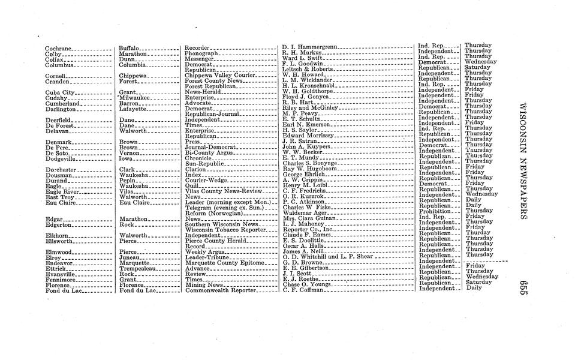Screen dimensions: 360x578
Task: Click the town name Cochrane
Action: tap(59, 48)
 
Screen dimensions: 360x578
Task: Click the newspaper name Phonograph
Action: tap(201, 53)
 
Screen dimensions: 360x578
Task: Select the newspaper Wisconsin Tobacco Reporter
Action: tap(225, 230)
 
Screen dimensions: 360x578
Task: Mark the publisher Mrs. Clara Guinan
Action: tap(310, 218)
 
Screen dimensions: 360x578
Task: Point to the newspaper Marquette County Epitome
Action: tap(224, 263)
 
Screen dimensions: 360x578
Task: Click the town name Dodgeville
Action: tap(61, 158)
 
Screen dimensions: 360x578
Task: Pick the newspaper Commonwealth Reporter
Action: tap(220, 291)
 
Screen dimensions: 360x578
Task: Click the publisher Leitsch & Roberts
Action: tap(309, 70)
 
